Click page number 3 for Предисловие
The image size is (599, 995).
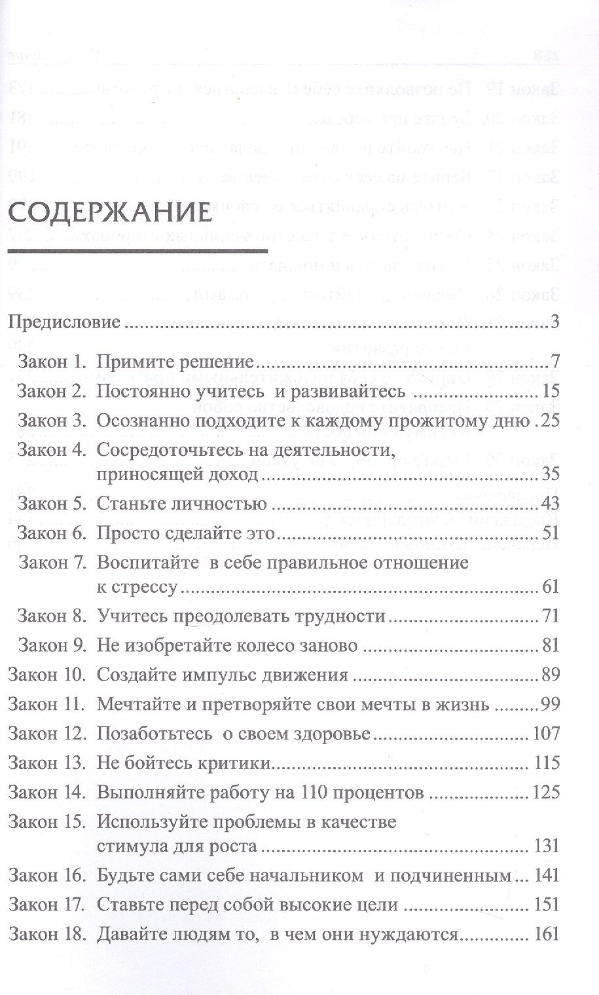point(554,322)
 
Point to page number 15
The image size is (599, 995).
point(551,392)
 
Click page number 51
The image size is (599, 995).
point(551,533)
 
